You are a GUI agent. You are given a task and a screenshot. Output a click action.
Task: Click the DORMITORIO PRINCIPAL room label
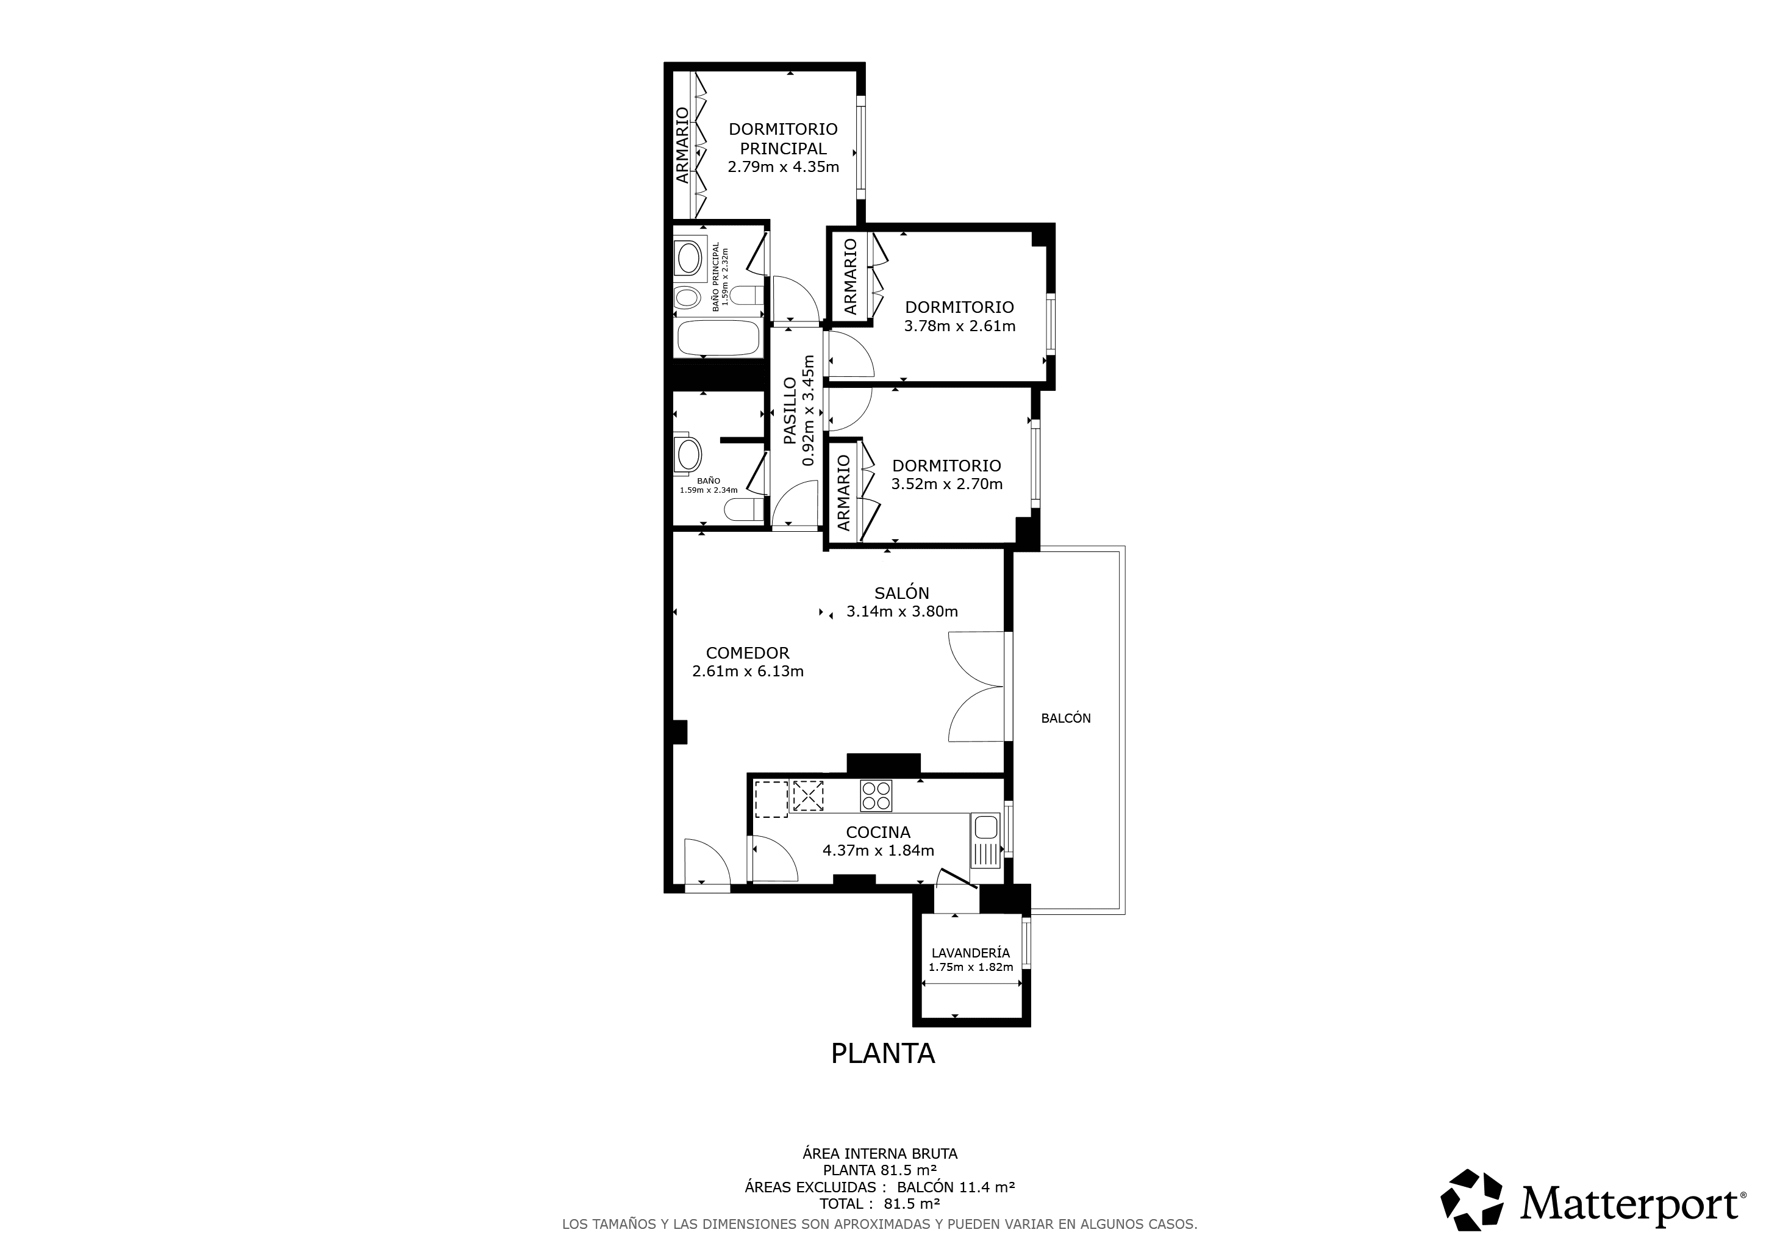(783, 138)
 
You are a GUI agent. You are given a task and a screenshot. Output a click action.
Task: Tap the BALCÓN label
(1065, 718)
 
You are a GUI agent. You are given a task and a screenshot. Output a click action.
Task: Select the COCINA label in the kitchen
(878, 832)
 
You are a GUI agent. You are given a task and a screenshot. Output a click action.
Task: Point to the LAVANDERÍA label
(971, 953)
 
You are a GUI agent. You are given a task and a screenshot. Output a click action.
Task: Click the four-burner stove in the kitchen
(876, 796)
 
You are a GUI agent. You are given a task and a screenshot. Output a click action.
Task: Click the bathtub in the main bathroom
(718, 338)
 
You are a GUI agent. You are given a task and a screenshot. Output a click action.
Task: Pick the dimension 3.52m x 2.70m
(947, 484)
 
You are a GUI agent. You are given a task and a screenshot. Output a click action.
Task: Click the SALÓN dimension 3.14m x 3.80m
(903, 612)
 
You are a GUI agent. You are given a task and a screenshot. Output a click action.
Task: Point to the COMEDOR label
(748, 653)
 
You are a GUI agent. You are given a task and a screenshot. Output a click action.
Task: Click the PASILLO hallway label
(790, 410)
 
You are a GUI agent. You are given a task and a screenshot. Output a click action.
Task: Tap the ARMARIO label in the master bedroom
(682, 145)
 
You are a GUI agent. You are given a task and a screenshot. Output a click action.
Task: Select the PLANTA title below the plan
(883, 1054)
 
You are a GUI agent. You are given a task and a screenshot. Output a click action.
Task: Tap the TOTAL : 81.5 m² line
(880, 1204)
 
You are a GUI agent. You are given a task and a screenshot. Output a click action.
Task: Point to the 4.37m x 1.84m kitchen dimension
(878, 851)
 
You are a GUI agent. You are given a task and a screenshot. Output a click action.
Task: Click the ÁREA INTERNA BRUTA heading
(880, 1154)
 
